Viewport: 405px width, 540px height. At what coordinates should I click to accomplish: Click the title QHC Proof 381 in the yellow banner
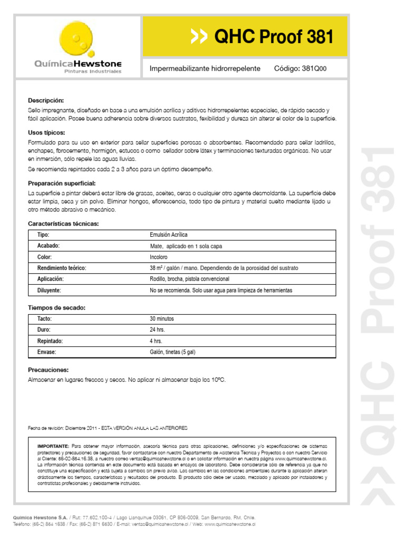point(274,37)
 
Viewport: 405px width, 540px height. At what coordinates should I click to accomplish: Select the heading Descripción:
point(46,100)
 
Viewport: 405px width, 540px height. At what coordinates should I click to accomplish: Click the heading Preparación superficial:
point(62,184)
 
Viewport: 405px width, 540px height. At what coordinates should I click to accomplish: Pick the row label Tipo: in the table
point(44,235)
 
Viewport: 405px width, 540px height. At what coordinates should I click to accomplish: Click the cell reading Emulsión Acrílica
point(168,235)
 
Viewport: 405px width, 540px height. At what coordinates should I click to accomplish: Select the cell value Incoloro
point(159,257)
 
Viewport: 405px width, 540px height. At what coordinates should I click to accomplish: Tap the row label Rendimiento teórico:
point(61,268)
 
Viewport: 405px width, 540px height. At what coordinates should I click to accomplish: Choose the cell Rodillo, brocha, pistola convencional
point(189,279)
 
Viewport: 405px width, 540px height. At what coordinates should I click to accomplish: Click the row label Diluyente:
point(49,291)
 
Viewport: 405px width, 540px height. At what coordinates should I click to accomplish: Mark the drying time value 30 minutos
point(162,319)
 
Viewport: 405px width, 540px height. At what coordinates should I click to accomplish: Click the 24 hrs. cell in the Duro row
point(158,330)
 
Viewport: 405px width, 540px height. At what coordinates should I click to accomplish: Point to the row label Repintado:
point(50,341)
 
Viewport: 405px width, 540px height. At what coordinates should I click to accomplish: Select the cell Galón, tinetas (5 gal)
point(172,352)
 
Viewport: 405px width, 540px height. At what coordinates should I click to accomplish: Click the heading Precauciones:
point(49,370)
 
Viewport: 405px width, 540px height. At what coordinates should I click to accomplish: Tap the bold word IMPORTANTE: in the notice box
point(53,446)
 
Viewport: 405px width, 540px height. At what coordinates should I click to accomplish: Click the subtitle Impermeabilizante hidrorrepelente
point(205,69)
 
